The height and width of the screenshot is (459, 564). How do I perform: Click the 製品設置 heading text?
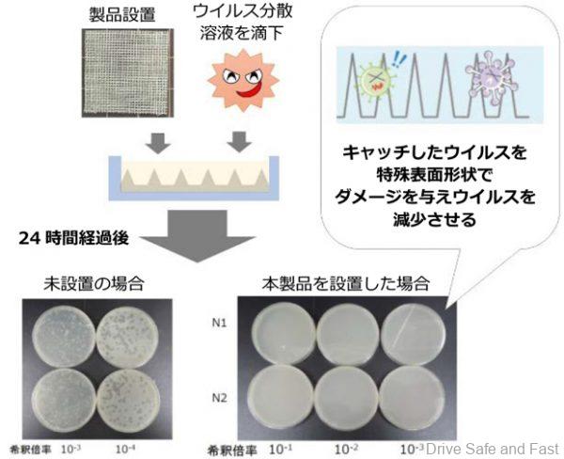tap(122, 15)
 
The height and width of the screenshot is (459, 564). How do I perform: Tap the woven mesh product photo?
tap(128, 73)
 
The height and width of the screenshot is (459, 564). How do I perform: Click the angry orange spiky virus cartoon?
tap(243, 80)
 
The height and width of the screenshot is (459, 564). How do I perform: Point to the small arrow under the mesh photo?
tap(158, 143)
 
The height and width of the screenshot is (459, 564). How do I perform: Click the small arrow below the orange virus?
tap(239, 142)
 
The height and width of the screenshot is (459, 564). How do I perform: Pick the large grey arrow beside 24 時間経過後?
tap(197, 236)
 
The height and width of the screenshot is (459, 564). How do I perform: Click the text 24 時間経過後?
tap(73, 238)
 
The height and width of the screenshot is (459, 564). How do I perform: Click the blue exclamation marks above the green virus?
tap(398, 57)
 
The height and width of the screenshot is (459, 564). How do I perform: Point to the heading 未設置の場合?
tap(94, 284)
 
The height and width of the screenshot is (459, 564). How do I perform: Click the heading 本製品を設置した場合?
tap(346, 284)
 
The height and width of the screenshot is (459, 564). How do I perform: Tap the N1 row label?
tap(219, 323)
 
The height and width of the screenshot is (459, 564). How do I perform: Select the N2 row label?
tap(219, 398)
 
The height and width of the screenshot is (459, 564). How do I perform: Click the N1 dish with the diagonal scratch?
tap(413, 334)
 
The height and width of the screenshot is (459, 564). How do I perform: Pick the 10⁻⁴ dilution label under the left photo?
tap(126, 449)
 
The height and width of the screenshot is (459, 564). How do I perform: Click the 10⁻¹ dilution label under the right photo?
tap(280, 450)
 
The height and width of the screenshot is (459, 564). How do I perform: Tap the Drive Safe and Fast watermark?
tap(493, 449)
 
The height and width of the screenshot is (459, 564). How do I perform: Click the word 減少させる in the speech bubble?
tap(434, 219)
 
